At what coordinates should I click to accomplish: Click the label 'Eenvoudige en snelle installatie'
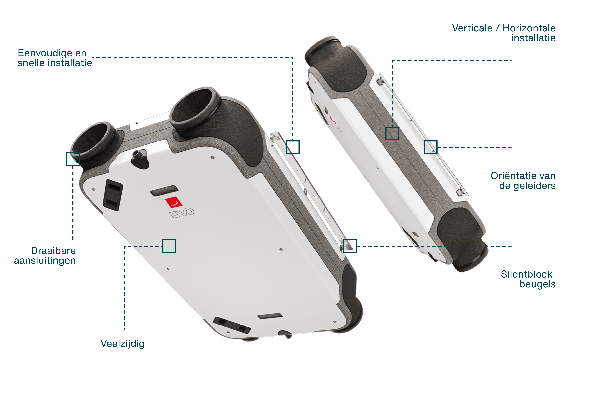(55, 58)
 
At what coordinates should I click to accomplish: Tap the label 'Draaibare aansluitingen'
(45, 255)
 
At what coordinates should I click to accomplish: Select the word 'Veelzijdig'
(122, 344)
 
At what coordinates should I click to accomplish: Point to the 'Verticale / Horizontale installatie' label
(504, 33)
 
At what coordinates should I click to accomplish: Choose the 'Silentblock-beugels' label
(528, 279)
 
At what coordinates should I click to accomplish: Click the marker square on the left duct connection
(73, 159)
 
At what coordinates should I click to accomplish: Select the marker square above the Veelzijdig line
(169, 246)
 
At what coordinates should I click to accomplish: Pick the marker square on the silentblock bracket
(350, 246)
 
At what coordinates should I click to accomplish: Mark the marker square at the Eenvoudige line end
(293, 147)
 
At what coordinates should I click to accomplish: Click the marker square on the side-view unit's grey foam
(392, 133)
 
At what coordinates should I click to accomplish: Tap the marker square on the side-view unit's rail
(430, 147)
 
